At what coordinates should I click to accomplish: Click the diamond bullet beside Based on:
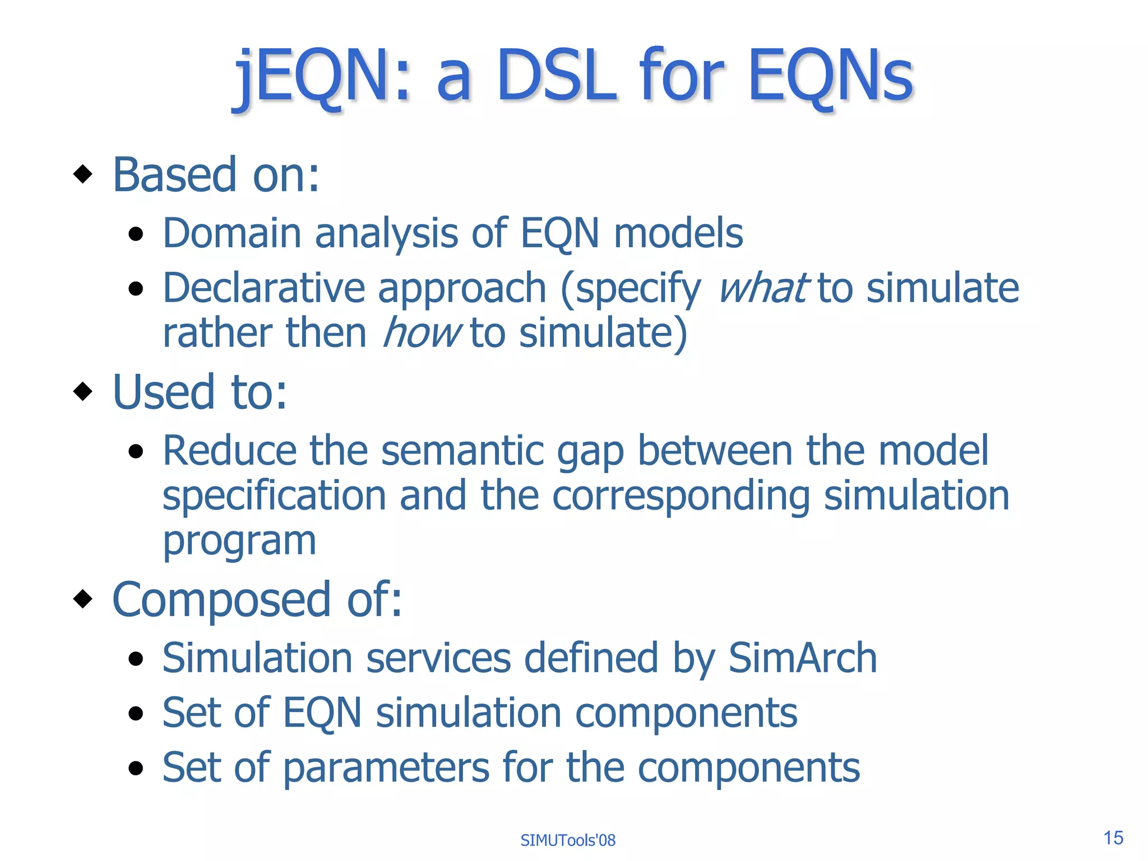click(x=83, y=174)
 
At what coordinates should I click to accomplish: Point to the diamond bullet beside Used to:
click(x=83, y=391)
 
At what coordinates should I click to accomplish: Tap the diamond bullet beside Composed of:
click(x=83, y=599)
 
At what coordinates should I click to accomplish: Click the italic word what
click(x=763, y=288)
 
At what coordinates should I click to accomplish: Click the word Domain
click(x=232, y=233)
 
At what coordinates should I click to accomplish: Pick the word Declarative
click(x=264, y=288)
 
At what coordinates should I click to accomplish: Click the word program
click(x=239, y=541)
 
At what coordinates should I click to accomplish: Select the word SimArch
click(x=802, y=658)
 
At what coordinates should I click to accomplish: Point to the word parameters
click(x=386, y=767)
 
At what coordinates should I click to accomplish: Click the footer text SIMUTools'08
click(x=567, y=840)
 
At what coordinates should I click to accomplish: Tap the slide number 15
click(x=1113, y=837)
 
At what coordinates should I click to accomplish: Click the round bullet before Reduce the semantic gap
click(x=136, y=451)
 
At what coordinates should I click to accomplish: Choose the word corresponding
click(x=681, y=496)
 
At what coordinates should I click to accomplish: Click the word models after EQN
click(x=678, y=233)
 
